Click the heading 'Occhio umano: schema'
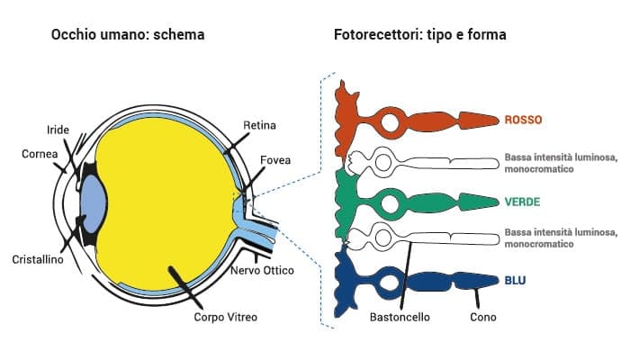tap(128, 35)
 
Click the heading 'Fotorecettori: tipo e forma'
tap(419, 35)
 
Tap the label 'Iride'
tap(58, 129)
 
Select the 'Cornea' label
tap(40, 154)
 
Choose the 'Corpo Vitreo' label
tap(225, 317)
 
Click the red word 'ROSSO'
tap(524, 120)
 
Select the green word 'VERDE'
tap(524, 201)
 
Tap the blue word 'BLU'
tap(516, 281)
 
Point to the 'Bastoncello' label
tap(400, 317)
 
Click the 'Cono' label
tap(483, 317)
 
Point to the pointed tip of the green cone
tap(493, 202)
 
